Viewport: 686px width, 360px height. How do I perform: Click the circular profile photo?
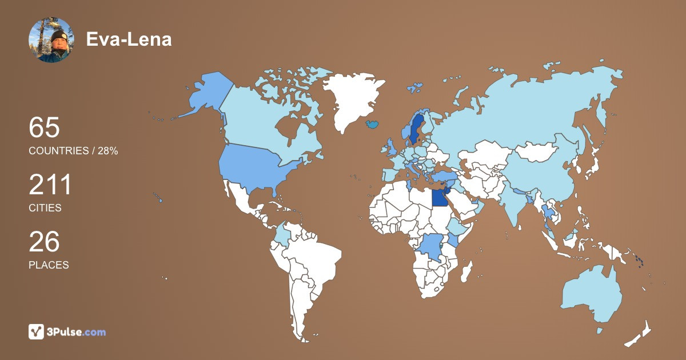pos(51,39)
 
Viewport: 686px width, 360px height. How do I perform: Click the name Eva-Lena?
pos(129,39)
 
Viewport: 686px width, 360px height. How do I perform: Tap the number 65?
pos(45,127)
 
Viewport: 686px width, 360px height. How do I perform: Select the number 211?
pos(51,185)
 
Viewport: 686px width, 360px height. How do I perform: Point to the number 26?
pos(45,242)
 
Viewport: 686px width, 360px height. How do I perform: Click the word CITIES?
pos(45,208)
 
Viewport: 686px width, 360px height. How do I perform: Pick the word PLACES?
pos(49,265)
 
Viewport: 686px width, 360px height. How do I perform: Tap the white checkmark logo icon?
pos(36,331)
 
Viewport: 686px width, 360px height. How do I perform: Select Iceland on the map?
pos(373,123)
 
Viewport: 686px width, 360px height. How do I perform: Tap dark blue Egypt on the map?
pos(439,198)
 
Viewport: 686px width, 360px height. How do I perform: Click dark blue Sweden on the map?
pos(414,129)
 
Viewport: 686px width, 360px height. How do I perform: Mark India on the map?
pos(517,211)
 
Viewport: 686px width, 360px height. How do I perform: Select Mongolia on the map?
pos(537,151)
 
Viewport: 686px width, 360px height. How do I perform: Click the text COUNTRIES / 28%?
pos(73,151)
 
